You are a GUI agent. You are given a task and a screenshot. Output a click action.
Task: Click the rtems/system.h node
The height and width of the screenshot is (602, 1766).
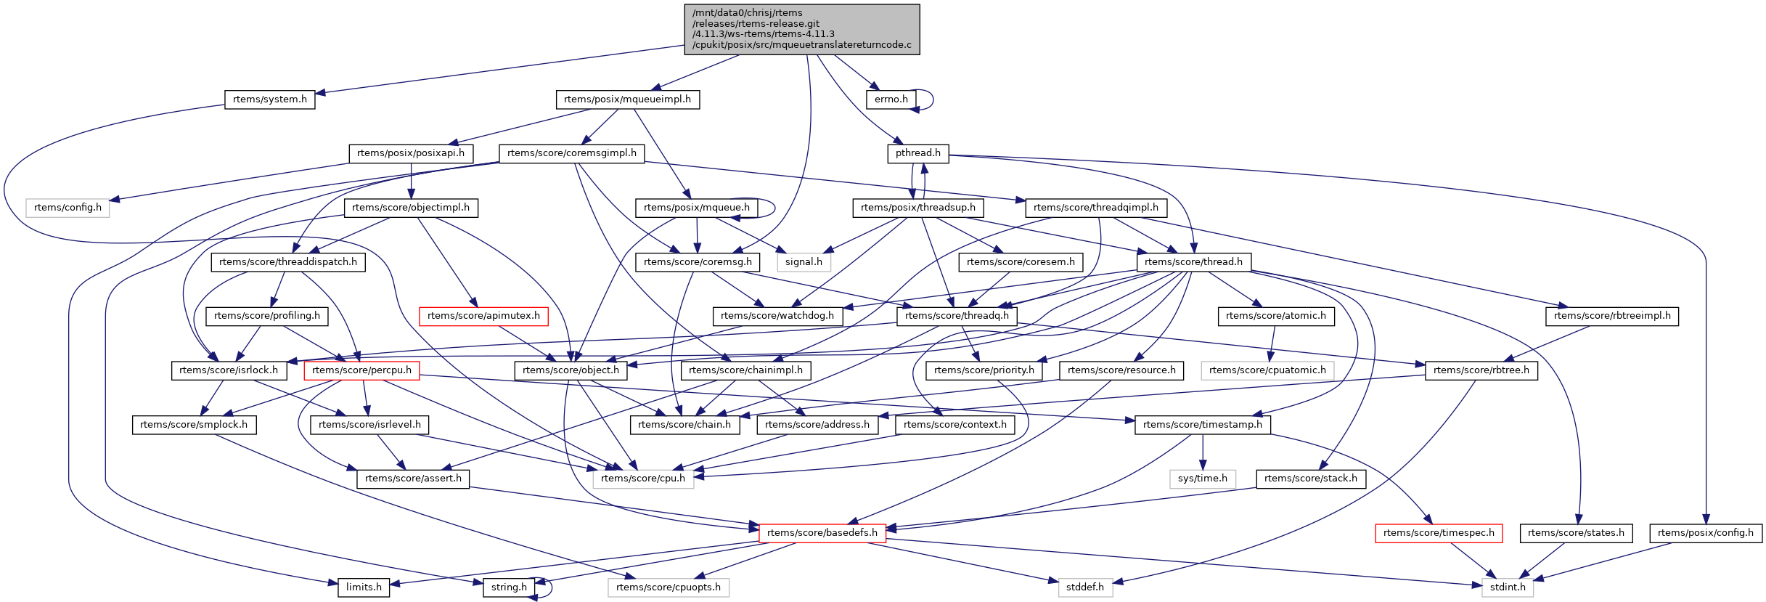coord(269,99)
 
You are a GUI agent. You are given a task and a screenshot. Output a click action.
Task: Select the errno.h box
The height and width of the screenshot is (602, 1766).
coord(891,99)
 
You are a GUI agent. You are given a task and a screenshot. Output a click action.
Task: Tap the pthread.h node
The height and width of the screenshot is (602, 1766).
coord(917,153)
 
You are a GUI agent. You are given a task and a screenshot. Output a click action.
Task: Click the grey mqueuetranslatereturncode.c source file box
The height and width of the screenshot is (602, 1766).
coord(801,29)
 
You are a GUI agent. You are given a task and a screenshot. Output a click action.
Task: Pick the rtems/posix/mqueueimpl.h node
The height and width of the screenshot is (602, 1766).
coord(627,99)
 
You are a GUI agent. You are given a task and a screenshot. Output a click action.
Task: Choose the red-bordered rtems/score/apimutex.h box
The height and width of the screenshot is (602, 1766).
coord(483,316)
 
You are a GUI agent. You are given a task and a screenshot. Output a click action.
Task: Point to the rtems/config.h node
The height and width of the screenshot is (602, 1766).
coord(68,208)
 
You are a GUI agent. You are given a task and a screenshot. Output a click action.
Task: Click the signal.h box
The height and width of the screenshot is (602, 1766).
coord(804,262)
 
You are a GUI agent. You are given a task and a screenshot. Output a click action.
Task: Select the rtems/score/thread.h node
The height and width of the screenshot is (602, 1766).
coord(1193,262)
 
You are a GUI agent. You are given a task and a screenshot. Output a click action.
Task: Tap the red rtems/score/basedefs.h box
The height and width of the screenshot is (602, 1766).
coord(822,533)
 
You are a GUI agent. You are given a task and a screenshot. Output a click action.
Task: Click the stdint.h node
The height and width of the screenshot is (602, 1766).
coord(1507,587)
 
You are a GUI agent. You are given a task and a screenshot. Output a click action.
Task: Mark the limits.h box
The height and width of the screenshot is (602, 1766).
coord(364,587)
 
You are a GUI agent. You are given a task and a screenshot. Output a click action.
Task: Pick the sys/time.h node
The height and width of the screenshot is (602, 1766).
coord(1202,479)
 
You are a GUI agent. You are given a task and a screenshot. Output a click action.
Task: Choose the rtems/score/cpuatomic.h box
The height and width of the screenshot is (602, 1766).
coord(1267,370)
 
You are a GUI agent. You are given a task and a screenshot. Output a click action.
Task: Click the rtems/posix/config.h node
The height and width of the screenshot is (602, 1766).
coord(1705,533)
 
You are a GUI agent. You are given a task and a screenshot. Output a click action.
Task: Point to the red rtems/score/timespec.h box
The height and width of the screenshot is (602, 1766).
coord(1439,533)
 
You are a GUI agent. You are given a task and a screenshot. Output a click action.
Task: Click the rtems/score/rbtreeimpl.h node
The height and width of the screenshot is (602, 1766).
coord(1611,316)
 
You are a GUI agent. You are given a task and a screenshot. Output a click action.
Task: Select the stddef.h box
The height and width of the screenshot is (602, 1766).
coord(1084,587)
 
